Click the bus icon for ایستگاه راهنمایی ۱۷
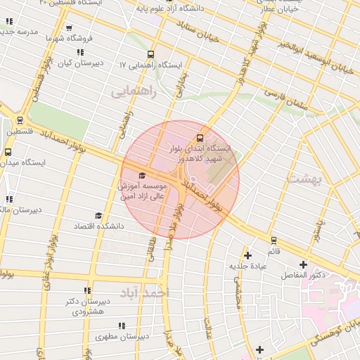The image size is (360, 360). (150, 54)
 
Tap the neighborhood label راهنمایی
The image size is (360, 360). (131, 91)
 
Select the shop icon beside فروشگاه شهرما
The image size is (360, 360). (68, 29)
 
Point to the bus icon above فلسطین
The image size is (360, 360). (19, 120)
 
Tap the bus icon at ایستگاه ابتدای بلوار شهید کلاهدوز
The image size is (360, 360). (200, 138)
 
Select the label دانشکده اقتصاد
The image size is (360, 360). (98, 226)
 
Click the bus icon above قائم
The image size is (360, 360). (273, 240)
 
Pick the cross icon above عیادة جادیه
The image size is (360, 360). (247, 255)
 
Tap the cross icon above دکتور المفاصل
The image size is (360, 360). (303, 264)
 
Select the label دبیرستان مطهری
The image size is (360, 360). (122, 337)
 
